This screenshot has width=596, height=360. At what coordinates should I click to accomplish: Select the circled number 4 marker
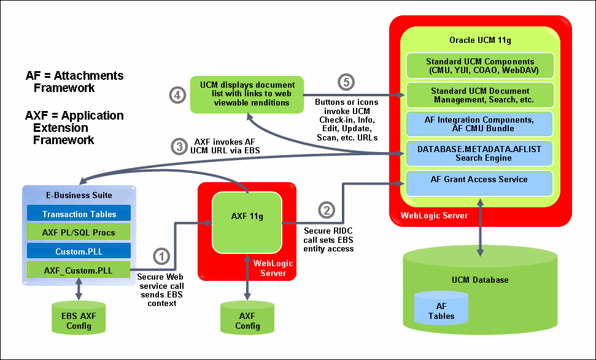[x=177, y=95]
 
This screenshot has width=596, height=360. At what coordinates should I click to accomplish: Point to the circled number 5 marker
[x=346, y=82]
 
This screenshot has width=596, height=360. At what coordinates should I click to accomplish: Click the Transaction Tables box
[x=79, y=213]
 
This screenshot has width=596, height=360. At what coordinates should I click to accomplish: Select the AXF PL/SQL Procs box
[x=79, y=232]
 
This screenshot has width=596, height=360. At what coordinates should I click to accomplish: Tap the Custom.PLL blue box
[x=79, y=251]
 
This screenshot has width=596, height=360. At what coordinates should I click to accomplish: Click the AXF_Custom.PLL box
[x=79, y=269]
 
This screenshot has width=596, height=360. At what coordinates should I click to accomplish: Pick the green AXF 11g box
[x=247, y=216]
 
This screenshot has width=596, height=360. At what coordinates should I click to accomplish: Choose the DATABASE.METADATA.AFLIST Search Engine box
[x=480, y=153]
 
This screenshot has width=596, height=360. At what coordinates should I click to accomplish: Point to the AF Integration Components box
[x=480, y=124]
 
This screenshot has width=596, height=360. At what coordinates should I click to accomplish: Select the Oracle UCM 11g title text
[x=480, y=40]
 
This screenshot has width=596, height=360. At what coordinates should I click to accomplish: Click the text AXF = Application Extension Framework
[x=74, y=128]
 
